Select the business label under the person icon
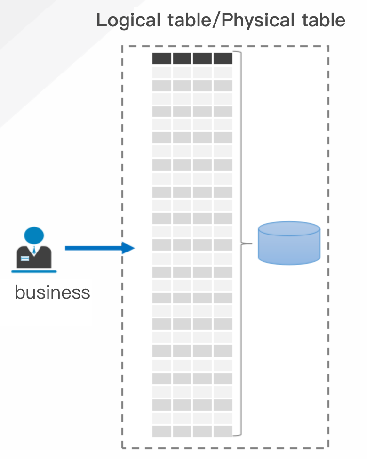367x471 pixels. pyautogui.click(x=52, y=292)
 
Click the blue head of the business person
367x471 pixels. pyautogui.click(x=34, y=235)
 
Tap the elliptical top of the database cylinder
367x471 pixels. pyautogui.click(x=289, y=229)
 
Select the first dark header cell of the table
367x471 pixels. pyautogui.click(x=162, y=58)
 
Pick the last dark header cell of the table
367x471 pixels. pyautogui.click(x=223, y=58)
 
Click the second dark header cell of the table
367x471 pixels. pyautogui.click(x=182, y=58)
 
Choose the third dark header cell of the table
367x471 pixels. pyautogui.click(x=202, y=58)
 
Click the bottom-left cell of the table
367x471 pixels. pyautogui.click(x=162, y=431)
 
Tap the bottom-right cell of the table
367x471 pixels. pyautogui.click(x=223, y=431)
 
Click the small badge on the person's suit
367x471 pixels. pyautogui.click(x=25, y=258)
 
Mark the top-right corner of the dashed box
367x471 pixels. pyautogui.click(x=328, y=46)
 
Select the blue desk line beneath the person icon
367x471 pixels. pyautogui.click(x=34, y=272)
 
